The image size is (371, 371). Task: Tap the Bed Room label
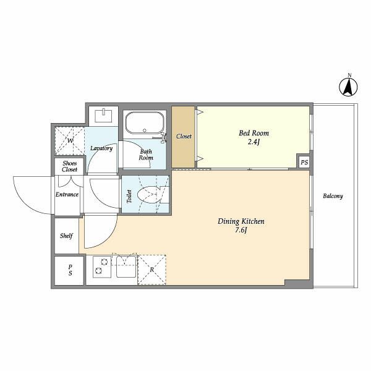(254, 133)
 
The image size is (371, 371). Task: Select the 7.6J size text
(241, 230)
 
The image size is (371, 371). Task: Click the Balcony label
(333, 196)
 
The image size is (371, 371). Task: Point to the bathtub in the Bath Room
(145, 123)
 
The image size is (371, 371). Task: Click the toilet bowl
(148, 195)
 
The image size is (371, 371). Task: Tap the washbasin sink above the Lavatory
(104, 116)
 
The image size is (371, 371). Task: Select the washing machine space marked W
(69, 141)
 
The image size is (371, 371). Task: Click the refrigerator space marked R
(151, 270)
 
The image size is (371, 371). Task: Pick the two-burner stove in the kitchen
(102, 267)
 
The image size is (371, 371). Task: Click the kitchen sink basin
(126, 267)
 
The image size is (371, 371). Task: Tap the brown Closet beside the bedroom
(184, 137)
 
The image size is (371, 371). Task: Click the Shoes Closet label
(69, 166)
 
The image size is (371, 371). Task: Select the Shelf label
(66, 236)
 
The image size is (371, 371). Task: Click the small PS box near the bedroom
(304, 162)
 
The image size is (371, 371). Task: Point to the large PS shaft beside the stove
(69, 271)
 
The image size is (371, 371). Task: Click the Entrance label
(67, 195)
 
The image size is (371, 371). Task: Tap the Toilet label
(129, 196)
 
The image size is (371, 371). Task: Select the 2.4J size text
(254, 142)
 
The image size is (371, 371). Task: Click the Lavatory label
(101, 148)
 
